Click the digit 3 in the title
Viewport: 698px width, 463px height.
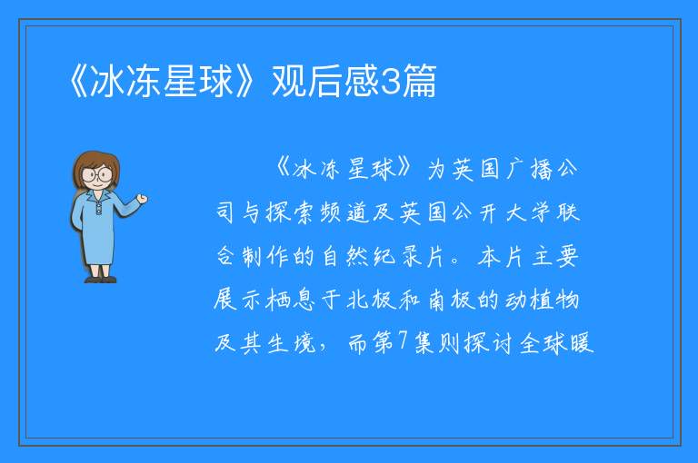point(390,82)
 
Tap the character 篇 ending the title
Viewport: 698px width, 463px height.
point(418,82)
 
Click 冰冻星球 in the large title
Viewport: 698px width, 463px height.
point(162,82)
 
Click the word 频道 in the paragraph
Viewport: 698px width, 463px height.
point(344,212)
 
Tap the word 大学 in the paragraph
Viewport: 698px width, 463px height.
point(528,212)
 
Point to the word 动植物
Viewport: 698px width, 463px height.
point(542,300)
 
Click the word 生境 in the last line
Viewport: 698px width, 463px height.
point(292,342)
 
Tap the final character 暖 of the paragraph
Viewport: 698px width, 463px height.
point(582,342)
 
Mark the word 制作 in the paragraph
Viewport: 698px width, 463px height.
point(264,257)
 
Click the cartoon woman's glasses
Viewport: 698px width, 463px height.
point(97,173)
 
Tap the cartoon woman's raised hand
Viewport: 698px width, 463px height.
point(142,199)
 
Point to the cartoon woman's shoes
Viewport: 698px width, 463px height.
point(101,280)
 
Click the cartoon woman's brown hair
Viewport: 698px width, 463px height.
point(95,160)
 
